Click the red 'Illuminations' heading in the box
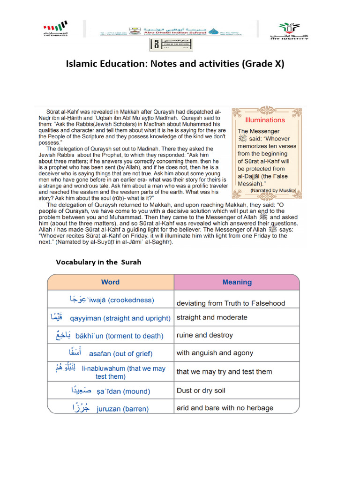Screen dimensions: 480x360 coord(265,120)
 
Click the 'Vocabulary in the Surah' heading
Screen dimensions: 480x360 coord(98,262)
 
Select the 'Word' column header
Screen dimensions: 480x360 coord(110,282)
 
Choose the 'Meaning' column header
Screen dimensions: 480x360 coord(237,282)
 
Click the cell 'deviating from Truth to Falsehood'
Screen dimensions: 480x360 coord(231,303)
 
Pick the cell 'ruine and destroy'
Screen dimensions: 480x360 coord(204,335)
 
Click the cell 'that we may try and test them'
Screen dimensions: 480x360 coord(224,372)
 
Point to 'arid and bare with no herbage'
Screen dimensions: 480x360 coord(225,408)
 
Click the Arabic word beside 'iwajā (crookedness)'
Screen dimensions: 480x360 coord(78,299)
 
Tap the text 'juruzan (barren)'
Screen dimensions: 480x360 coord(122,409)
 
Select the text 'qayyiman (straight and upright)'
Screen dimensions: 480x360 coord(120,318)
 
